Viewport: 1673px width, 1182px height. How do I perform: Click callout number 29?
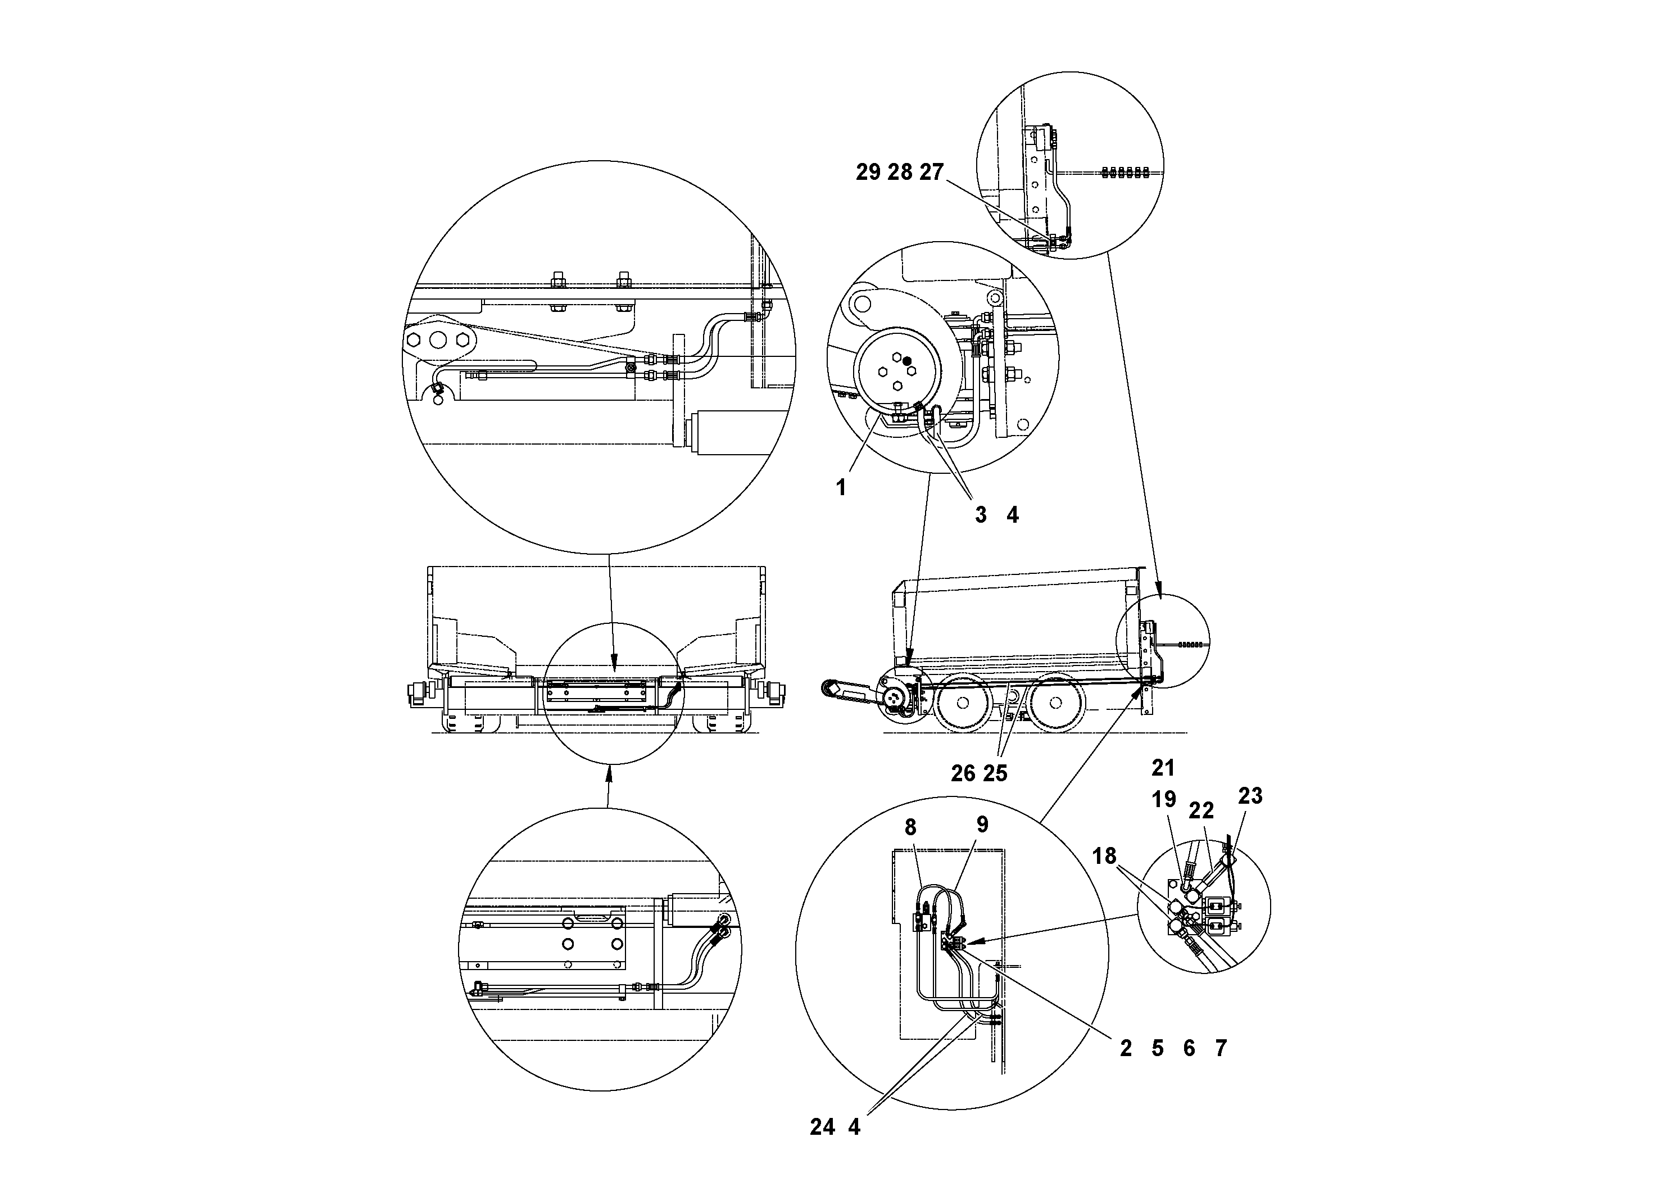(868, 173)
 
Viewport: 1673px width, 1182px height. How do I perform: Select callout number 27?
(931, 173)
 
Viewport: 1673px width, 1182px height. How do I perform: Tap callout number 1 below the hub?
(842, 487)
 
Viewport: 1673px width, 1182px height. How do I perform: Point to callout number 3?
(981, 515)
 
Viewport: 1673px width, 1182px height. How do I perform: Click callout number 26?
(963, 773)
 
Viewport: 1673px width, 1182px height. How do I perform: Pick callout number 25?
(995, 773)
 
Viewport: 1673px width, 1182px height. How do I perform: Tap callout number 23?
(1250, 796)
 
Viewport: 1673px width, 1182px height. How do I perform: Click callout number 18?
(1105, 856)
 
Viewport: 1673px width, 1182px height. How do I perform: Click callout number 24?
(822, 1127)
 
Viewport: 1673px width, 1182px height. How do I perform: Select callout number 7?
(1221, 1049)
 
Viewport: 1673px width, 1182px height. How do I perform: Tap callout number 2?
(1126, 1049)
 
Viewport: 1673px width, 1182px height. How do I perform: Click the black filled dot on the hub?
(906, 361)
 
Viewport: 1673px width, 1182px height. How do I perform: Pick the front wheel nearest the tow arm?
(963, 703)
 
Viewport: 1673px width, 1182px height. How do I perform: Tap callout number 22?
(1202, 810)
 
